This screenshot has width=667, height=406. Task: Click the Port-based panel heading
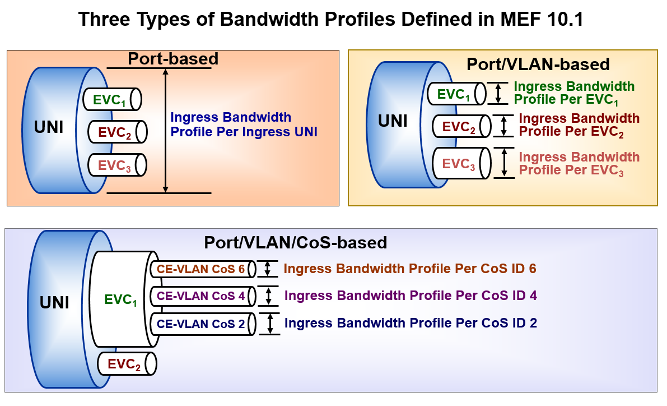pos(173,59)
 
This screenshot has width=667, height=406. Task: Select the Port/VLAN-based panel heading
pos(538,64)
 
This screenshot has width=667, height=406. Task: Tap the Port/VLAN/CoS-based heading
pos(296,242)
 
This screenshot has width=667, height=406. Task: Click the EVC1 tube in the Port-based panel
pos(113,99)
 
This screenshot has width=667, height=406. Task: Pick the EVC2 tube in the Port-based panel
pos(118,132)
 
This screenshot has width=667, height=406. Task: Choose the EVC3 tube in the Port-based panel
pos(118,165)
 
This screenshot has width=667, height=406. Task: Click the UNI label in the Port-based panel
pos(49,127)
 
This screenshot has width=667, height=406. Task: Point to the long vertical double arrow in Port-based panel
pos(165,130)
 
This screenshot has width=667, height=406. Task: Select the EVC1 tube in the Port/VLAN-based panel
pos(457,94)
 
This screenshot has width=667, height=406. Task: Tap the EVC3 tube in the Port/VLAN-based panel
pos(462,163)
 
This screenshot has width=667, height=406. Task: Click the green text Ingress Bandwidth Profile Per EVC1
pos(574,93)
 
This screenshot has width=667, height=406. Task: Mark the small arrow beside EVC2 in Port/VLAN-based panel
pos(504,126)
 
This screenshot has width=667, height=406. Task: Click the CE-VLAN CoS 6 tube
pos(203,269)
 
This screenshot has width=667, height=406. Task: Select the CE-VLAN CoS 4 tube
pos(203,296)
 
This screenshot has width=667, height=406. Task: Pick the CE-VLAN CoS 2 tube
pos(203,324)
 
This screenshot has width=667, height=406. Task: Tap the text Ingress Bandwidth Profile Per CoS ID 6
pos(409,269)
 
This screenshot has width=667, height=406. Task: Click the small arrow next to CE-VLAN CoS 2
pos(270,324)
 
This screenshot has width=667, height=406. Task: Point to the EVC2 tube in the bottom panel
pos(127,364)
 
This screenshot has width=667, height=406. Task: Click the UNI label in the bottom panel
pos(54,302)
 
